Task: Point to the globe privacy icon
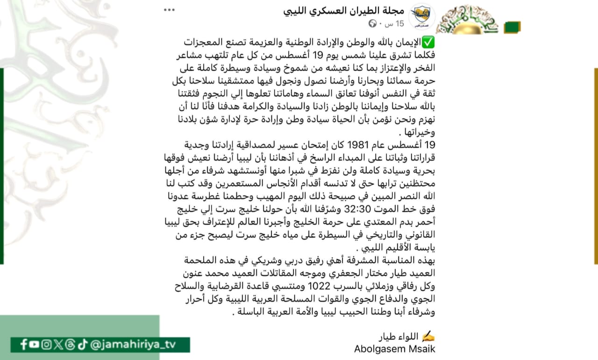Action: [x=372, y=23]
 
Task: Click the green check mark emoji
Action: [x=428, y=43]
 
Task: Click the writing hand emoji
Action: [x=428, y=336]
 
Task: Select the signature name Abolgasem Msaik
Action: [x=394, y=349]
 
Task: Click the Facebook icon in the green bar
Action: [x=24, y=345]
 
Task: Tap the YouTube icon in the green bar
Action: [x=34, y=345]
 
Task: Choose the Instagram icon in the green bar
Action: [x=46, y=345]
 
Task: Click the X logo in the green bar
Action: [x=58, y=345]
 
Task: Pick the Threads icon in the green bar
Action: [x=70, y=345]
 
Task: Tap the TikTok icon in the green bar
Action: [x=81, y=345]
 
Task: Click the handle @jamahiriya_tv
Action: [x=133, y=345]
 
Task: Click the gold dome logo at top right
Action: [x=467, y=21]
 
